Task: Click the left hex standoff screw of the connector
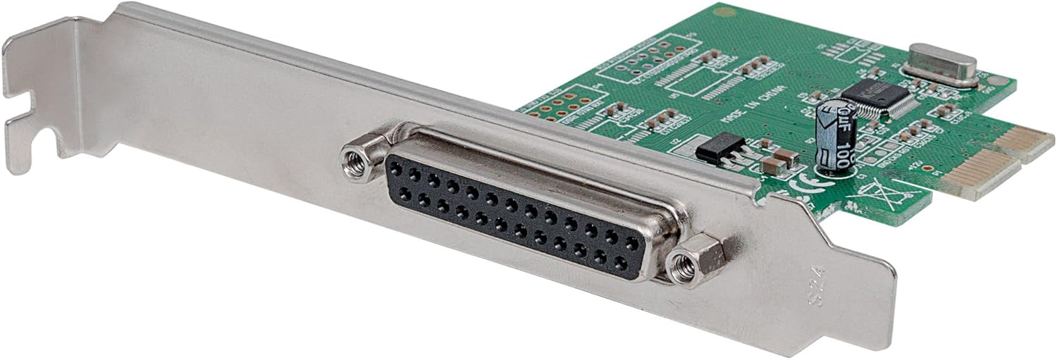(358, 161)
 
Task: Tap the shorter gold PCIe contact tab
(1025, 142)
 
